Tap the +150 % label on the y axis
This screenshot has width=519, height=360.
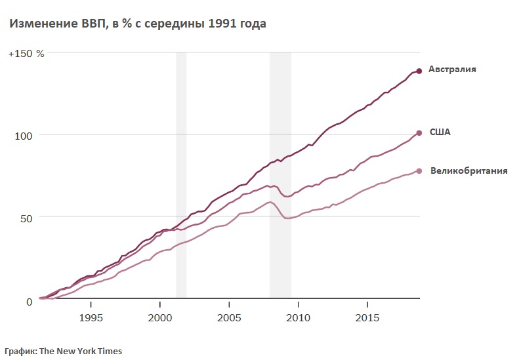(26, 53)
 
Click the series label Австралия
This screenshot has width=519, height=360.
(452, 69)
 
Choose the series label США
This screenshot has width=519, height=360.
(440, 132)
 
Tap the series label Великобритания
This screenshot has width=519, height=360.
(468, 171)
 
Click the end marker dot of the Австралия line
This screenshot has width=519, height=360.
(419, 71)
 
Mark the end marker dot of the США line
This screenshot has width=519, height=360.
(419, 133)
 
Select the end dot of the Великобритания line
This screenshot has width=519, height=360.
(419, 171)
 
